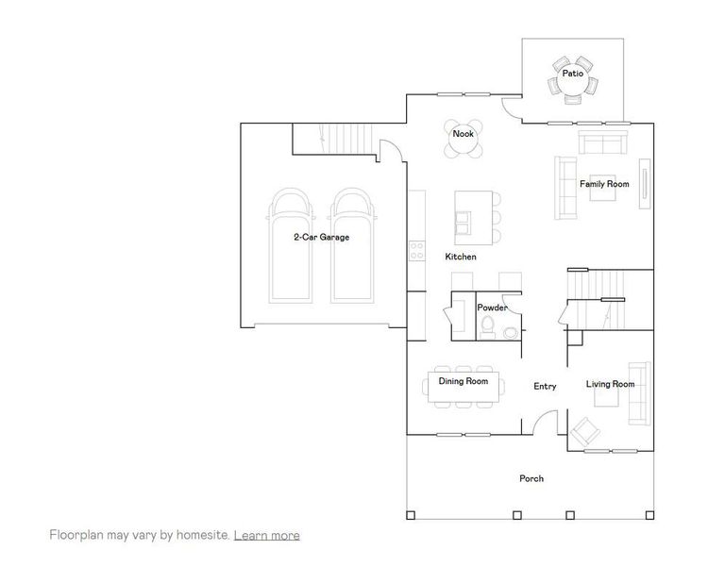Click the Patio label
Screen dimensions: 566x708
(x=572, y=72)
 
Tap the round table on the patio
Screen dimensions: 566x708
(x=572, y=85)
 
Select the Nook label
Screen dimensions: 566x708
(x=463, y=133)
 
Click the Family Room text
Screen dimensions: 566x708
(x=604, y=184)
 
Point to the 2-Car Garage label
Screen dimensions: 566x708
(x=321, y=238)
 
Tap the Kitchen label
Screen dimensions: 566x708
(x=461, y=257)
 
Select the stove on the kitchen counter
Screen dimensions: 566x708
(x=416, y=251)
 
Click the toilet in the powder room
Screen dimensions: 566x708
(x=488, y=326)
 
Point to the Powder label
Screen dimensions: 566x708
(x=493, y=308)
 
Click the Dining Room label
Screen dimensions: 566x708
(x=464, y=381)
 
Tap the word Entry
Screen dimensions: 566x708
(x=545, y=386)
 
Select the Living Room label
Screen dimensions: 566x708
(x=610, y=384)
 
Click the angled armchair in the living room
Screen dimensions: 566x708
(x=585, y=432)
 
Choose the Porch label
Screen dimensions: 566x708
(x=531, y=478)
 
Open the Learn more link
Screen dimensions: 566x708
(x=267, y=535)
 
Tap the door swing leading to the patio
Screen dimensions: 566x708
(x=512, y=110)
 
